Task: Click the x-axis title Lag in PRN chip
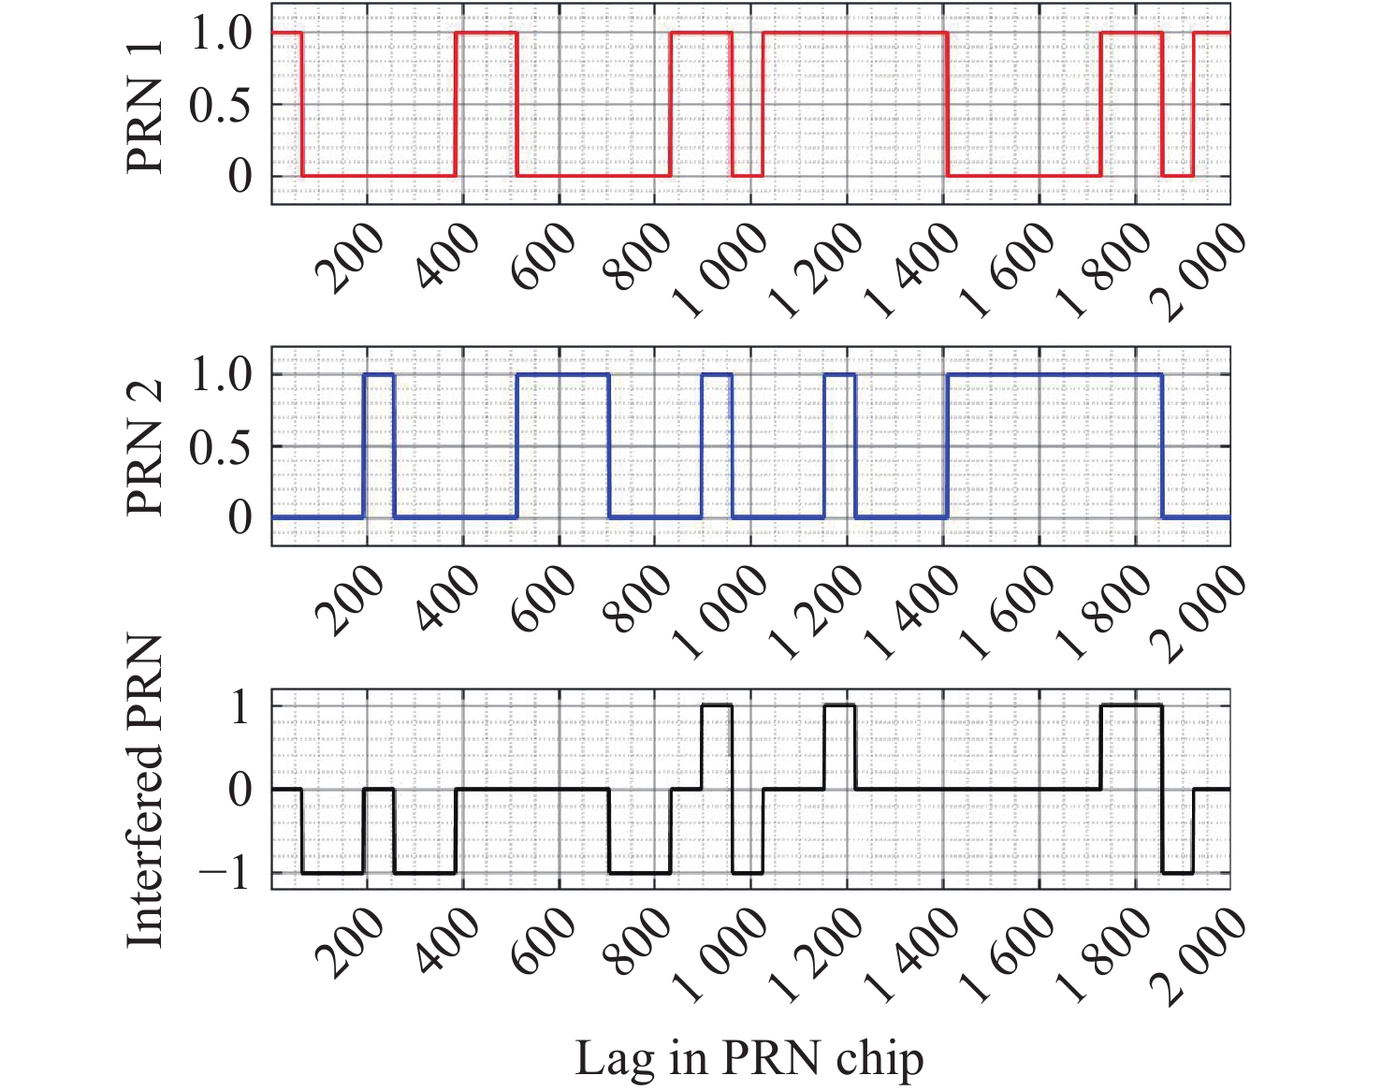(749, 1059)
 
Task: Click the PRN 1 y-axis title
(145, 108)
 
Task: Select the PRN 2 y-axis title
(145, 447)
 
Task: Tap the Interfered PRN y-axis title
(145, 791)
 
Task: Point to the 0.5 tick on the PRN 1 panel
(221, 106)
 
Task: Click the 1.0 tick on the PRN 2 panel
(221, 376)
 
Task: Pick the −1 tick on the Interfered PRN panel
(225, 874)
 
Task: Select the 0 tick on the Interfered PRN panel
(240, 791)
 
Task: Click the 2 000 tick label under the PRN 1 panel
(1203, 273)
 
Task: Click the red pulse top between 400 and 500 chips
(486, 33)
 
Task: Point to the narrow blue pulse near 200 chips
(379, 374)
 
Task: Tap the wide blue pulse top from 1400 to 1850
(1054, 374)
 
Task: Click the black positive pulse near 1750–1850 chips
(1131, 705)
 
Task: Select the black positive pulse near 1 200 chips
(839, 705)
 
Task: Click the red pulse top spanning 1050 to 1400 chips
(855, 33)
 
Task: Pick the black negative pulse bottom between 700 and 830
(640, 873)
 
